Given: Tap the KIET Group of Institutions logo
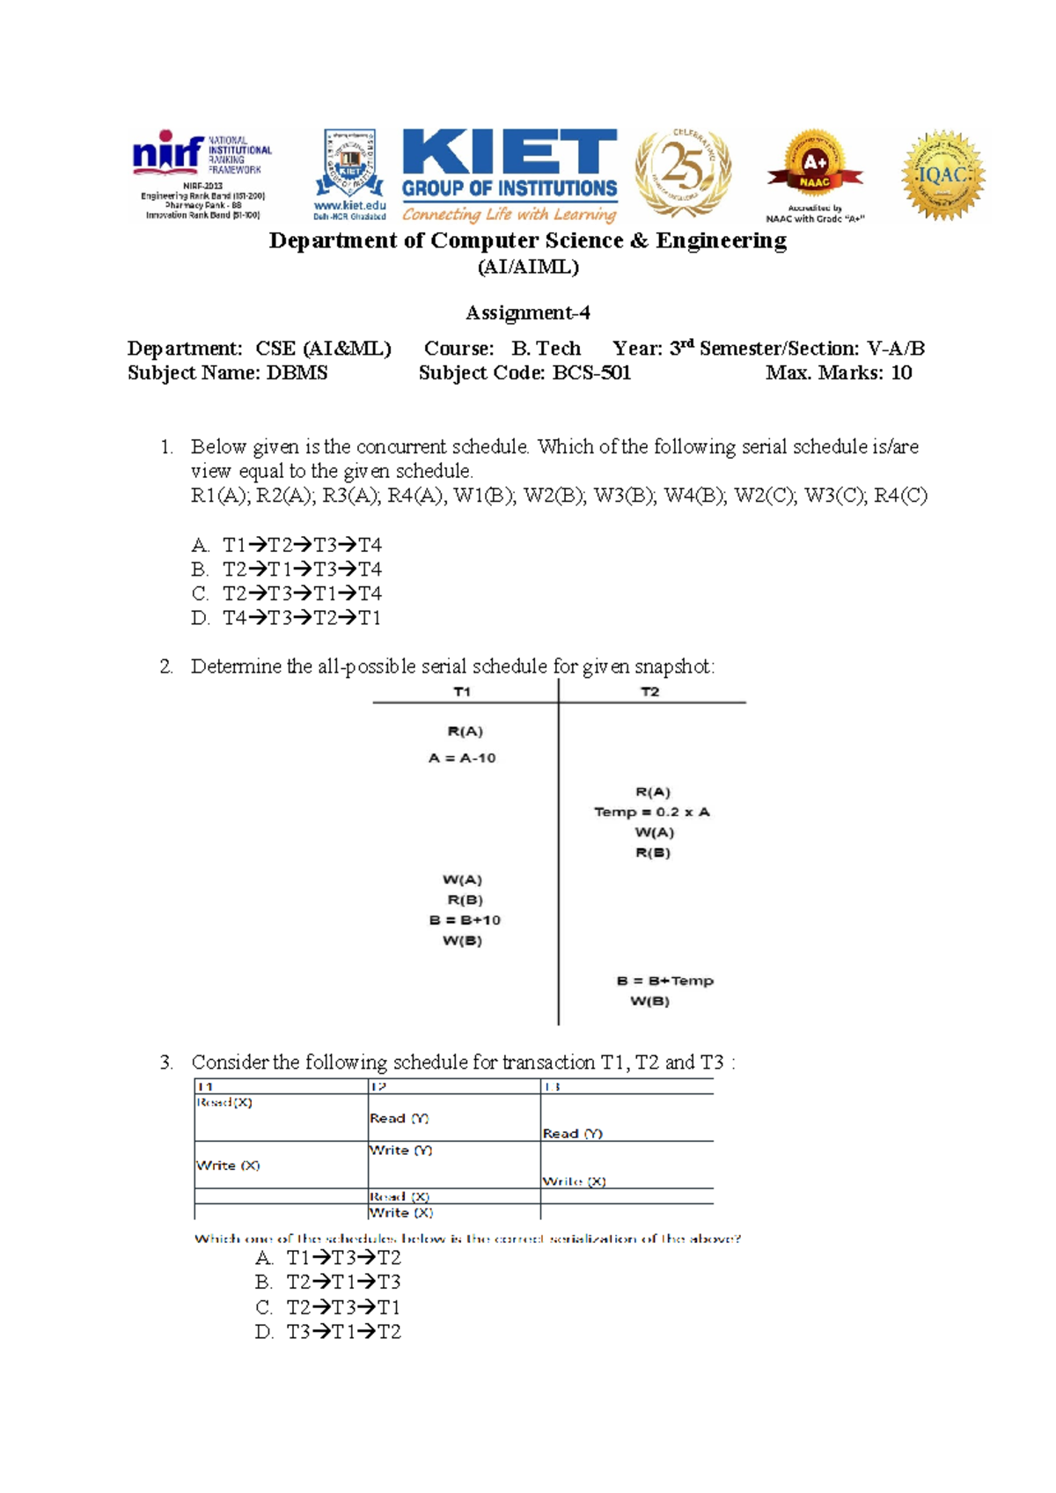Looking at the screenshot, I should tap(509, 174).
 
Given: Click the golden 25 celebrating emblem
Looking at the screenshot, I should tap(683, 172).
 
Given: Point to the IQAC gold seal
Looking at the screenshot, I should tap(943, 174).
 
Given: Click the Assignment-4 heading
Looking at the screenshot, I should tap(527, 313).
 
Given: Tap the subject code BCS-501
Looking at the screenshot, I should tap(590, 372).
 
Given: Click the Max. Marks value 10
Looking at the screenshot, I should tap(901, 372).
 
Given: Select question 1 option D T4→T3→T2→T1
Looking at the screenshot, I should tap(301, 618).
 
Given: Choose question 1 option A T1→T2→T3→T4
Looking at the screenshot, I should tap(301, 545).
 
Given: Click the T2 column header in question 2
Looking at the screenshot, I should tap(649, 692).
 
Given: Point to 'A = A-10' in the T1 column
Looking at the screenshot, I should tap(462, 758).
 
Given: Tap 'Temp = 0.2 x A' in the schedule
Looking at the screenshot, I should tap(651, 812).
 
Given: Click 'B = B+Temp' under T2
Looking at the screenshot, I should tap(664, 981).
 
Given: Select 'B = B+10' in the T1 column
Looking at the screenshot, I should tap(465, 920).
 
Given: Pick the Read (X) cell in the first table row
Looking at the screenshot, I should tap(224, 1103).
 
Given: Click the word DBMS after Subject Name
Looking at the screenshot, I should tap(297, 372).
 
